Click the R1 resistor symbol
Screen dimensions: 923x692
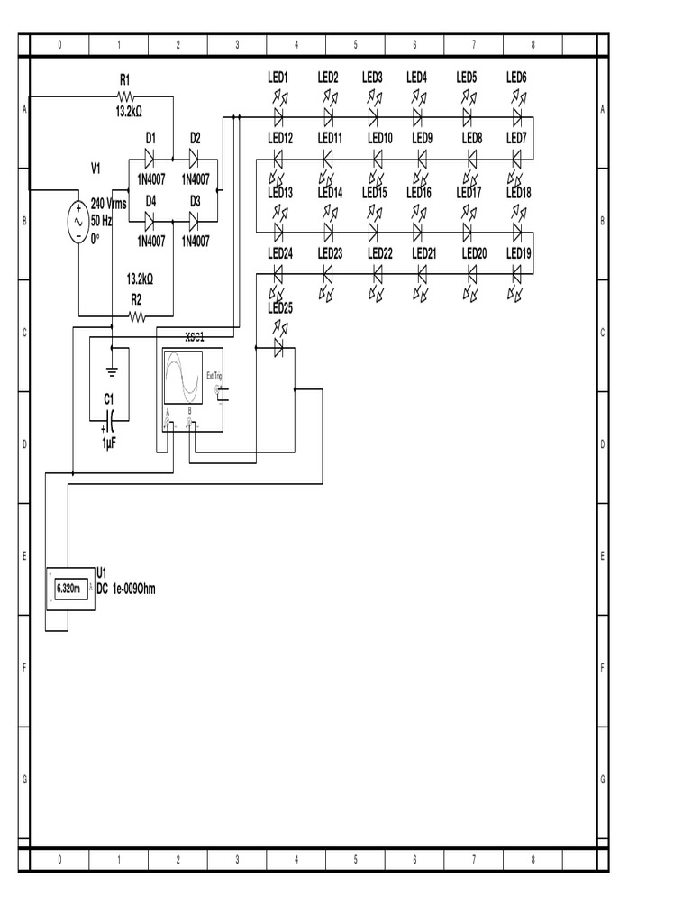point(125,96)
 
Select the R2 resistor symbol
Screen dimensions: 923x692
point(136,316)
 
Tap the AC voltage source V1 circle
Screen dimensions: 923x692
point(77,221)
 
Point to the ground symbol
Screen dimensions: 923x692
point(111,369)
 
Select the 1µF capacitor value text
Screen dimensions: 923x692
point(108,443)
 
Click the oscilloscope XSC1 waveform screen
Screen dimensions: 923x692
point(184,378)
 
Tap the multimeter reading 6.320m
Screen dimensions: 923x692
point(68,589)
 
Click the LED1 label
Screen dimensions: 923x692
point(278,78)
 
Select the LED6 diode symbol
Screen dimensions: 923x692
point(517,117)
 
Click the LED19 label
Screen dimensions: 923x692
point(519,254)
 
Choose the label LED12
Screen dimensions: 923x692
point(280,138)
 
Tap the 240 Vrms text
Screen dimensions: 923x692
point(109,205)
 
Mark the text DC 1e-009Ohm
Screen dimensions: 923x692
point(126,589)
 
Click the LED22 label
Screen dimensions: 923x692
point(380,254)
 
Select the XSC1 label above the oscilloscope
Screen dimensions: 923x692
point(195,337)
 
